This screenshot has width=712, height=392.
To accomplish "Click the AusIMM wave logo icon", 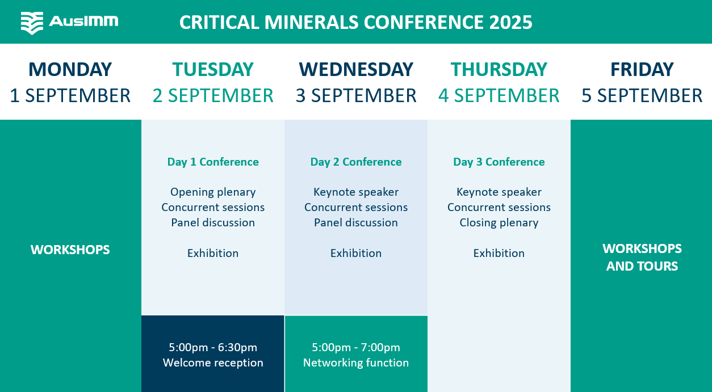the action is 32,23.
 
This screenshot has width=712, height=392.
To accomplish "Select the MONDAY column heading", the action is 70,69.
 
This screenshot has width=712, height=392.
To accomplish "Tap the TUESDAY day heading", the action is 213,69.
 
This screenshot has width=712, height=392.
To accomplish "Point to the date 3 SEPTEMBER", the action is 356,95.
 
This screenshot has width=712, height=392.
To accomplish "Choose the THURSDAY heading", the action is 499,69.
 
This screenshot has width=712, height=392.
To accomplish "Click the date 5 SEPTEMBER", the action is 642,95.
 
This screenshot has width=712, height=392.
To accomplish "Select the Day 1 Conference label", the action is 213,162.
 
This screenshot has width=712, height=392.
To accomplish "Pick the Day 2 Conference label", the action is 356,162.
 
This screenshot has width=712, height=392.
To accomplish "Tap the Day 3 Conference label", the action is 499,162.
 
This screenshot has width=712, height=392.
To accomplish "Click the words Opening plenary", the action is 213,192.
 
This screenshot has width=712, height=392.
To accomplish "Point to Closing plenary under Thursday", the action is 499,223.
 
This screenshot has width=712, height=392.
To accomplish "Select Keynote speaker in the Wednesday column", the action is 356,192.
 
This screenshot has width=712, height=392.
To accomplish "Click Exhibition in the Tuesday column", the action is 213,253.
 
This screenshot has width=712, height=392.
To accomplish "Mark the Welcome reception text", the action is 213,363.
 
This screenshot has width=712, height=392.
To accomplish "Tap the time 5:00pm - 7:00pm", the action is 356,347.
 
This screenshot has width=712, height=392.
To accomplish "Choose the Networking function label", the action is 356,363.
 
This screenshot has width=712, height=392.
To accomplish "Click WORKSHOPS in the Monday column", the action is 70,250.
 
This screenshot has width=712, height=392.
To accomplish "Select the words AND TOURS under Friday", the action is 642,266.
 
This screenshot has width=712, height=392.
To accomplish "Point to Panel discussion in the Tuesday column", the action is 213,223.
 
